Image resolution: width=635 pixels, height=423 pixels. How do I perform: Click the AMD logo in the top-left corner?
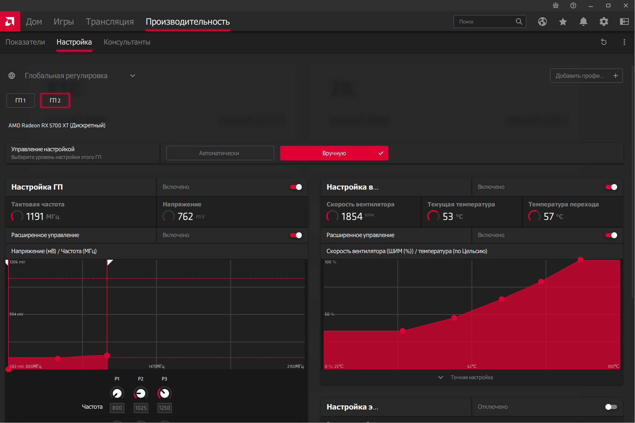[x=10, y=22]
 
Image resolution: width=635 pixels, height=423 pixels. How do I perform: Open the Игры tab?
[x=64, y=22]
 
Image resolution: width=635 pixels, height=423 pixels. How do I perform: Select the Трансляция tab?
[x=110, y=22]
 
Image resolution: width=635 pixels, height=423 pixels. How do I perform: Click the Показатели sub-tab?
[x=25, y=42]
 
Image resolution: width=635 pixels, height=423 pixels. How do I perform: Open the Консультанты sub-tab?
[x=127, y=42]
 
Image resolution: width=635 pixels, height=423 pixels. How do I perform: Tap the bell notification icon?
[x=583, y=22]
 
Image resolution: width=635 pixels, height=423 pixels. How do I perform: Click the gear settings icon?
[x=604, y=22]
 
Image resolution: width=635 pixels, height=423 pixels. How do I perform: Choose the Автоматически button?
[x=220, y=153]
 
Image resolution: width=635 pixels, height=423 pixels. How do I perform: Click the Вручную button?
[x=334, y=153]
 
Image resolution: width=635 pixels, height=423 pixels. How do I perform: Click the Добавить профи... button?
[x=586, y=76]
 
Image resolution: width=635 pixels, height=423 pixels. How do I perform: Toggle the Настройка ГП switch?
[x=296, y=187]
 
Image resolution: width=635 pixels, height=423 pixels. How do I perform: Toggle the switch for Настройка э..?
[x=611, y=407]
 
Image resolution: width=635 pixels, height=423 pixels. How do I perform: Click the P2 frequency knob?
[x=141, y=393]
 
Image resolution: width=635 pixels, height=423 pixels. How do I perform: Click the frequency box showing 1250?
[x=164, y=408]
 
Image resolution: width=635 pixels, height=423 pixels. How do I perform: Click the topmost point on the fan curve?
[x=581, y=260]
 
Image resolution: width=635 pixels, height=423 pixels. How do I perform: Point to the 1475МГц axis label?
[x=156, y=366]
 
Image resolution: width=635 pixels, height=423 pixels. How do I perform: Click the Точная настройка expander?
[x=471, y=377]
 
